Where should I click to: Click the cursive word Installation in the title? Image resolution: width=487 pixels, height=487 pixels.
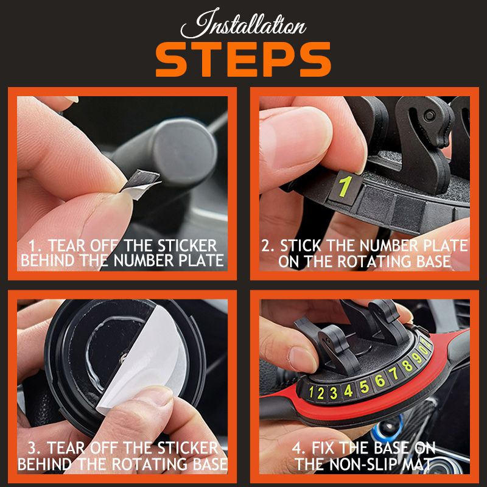point(243,26)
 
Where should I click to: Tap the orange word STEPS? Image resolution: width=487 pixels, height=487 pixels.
point(243,60)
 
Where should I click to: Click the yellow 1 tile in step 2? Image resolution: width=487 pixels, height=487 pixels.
point(345,186)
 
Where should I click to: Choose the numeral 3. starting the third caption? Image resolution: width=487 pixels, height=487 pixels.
point(37,449)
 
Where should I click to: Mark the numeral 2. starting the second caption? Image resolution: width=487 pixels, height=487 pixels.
point(269,246)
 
